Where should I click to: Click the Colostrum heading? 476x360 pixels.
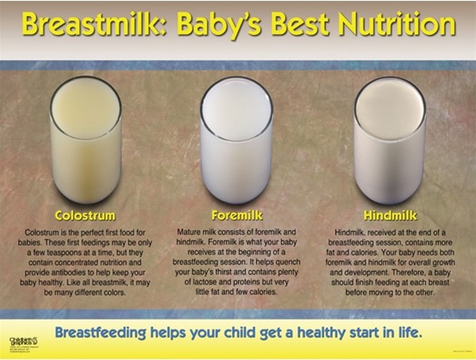click(x=84, y=215)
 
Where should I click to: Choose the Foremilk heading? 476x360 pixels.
click(x=238, y=215)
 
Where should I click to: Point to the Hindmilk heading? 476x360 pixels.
click(x=389, y=215)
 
